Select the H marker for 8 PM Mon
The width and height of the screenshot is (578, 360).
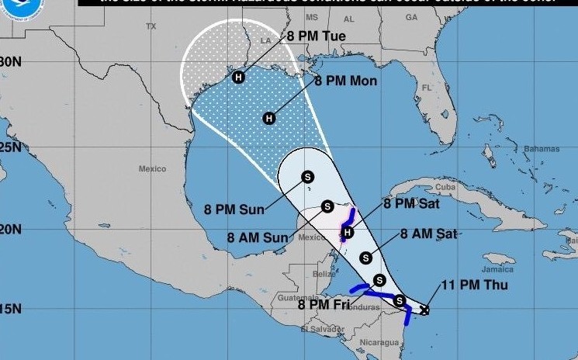(269, 118)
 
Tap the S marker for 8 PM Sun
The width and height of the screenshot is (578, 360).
(307, 176)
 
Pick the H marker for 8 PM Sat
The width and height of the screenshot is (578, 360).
(348, 232)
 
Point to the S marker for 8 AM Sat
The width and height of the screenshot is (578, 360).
(365, 258)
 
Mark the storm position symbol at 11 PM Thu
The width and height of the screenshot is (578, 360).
(424, 310)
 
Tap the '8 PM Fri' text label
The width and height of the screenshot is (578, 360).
(324, 304)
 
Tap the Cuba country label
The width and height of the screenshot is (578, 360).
(445, 188)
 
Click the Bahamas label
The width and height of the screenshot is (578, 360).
(542, 148)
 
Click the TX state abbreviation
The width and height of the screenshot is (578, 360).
(151, 26)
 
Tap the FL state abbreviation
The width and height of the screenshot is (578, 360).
(426, 88)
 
